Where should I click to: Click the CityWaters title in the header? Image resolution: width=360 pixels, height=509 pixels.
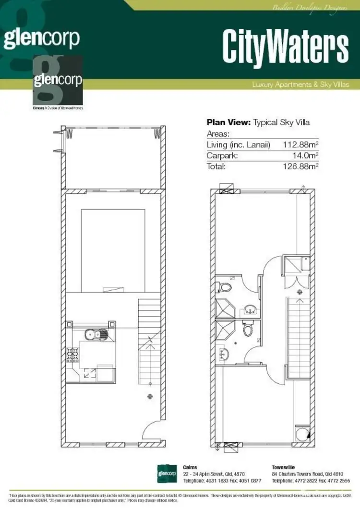pos(285,47)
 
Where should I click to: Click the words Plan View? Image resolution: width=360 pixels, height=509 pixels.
pos(228,122)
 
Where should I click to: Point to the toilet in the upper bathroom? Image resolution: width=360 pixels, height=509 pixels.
pos(224,287)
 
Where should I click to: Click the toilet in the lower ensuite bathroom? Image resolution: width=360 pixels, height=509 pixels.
pos(248,330)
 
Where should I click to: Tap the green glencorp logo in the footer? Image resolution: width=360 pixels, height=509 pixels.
pos(168,473)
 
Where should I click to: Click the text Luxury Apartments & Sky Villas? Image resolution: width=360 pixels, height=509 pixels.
pos(300,85)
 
